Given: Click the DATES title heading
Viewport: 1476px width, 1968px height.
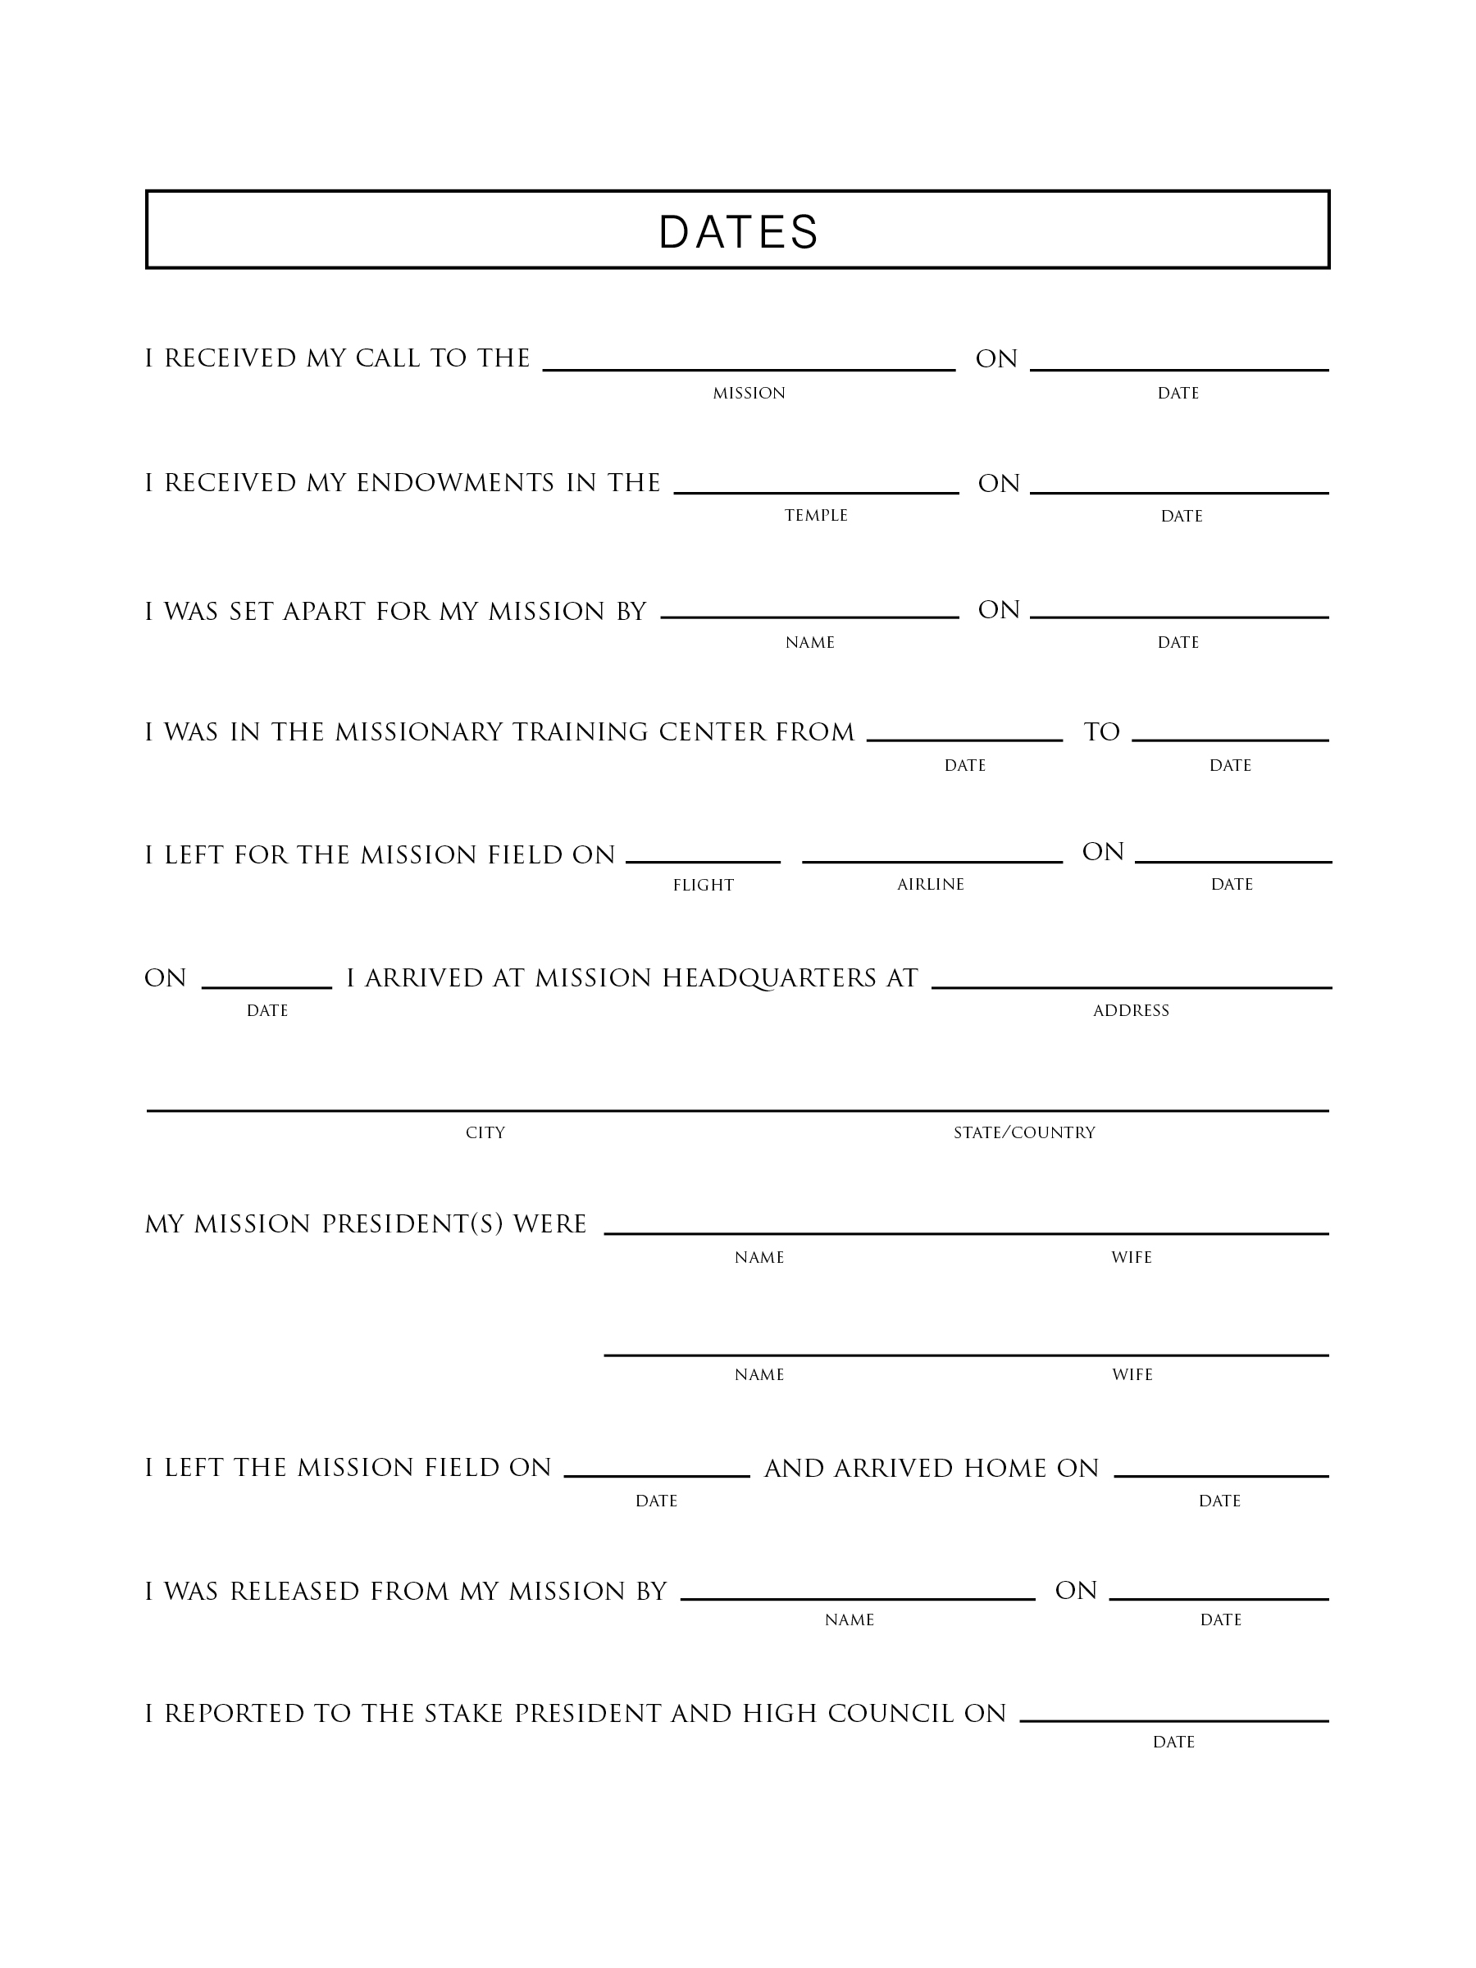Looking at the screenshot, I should (x=737, y=231).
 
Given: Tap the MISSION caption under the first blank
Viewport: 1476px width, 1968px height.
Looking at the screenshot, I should (x=748, y=394).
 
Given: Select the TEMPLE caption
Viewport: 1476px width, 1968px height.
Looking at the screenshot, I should (x=816, y=515).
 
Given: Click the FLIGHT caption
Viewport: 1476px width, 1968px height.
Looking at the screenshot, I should (x=703, y=886).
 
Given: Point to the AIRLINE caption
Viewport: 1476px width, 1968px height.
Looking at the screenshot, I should (x=930, y=884).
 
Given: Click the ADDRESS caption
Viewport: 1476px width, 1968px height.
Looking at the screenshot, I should (x=1130, y=1011).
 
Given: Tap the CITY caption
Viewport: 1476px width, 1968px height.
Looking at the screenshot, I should (x=485, y=1132).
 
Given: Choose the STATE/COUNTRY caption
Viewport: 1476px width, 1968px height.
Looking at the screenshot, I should (x=1024, y=1132).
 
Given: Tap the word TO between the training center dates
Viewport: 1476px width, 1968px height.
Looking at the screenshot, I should (x=1101, y=732).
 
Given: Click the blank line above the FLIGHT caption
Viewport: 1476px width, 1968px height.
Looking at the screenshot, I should (x=703, y=861).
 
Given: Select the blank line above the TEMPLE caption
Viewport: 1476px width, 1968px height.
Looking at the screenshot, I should (x=816, y=492).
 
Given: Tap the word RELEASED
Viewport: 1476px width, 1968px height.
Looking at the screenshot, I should (x=294, y=1591).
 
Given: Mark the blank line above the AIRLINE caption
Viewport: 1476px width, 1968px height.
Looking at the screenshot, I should (x=932, y=861).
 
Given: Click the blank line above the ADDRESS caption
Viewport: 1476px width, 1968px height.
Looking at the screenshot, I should (x=1131, y=987).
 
